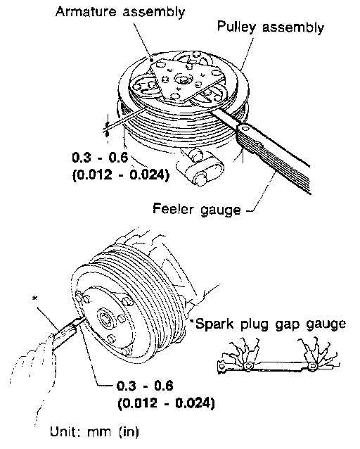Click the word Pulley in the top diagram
(236, 27)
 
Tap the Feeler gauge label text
(197, 209)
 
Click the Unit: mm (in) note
(94, 431)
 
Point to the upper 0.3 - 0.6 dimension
(100, 158)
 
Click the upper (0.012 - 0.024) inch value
(121, 175)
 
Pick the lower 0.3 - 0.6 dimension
(146, 386)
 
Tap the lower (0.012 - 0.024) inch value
(166, 403)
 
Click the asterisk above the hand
(34, 299)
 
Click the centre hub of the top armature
(181, 78)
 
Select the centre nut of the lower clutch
(105, 318)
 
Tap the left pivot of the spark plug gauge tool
(247, 366)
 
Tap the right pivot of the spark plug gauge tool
(313, 366)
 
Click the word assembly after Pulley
(293, 27)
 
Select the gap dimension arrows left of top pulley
(107, 128)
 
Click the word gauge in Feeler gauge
(221, 210)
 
